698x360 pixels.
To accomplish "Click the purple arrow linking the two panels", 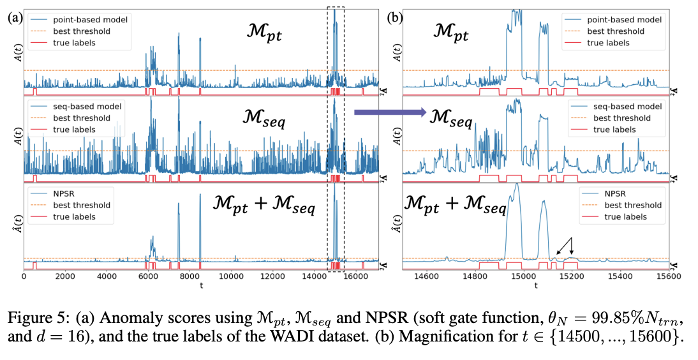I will (x=390, y=113).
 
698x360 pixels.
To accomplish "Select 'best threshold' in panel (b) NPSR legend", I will (x=633, y=206).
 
